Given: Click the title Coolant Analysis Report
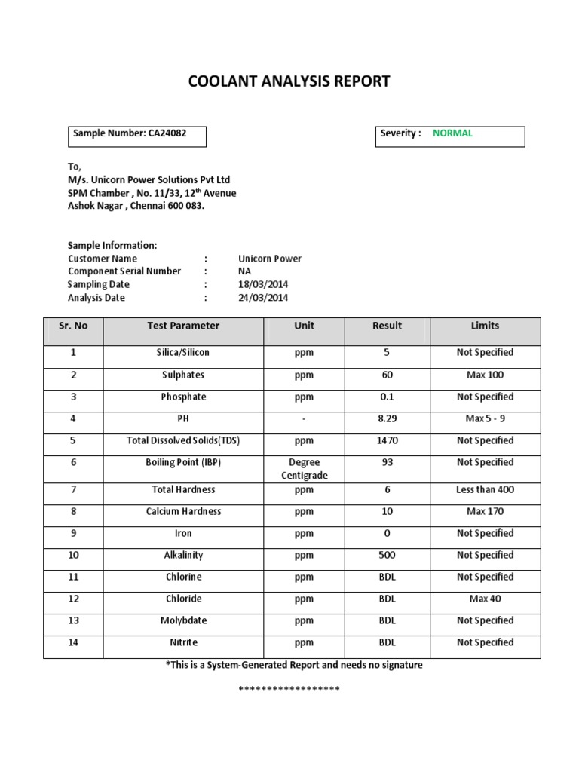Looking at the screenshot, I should pyautogui.click(x=289, y=81).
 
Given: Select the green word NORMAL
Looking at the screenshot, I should pyautogui.click(x=452, y=133).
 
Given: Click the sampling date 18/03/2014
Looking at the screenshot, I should pyautogui.click(x=263, y=285).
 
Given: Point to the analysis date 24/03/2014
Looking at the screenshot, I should pyautogui.click(x=263, y=299).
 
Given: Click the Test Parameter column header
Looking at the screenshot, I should pyautogui.click(x=183, y=326).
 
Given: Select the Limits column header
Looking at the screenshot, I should pyautogui.click(x=485, y=326).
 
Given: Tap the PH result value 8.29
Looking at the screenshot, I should pyautogui.click(x=387, y=419).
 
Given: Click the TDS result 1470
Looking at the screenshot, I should pyautogui.click(x=387, y=441).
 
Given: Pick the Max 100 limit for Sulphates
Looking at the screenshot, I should pyautogui.click(x=485, y=375).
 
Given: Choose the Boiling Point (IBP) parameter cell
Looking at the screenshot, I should pyautogui.click(x=183, y=463).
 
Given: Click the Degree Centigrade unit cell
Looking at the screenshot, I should pyautogui.click(x=304, y=469).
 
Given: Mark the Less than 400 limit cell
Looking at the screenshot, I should pyautogui.click(x=485, y=490).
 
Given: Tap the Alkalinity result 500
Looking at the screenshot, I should pyautogui.click(x=387, y=556).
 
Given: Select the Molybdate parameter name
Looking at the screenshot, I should pyautogui.click(x=183, y=621).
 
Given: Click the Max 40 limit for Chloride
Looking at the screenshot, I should pyautogui.click(x=485, y=599).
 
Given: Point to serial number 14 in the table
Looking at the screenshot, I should pyautogui.click(x=73, y=643).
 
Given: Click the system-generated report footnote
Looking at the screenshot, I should pyautogui.click(x=294, y=666).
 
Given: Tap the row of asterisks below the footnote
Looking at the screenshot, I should pyautogui.click(x=289, y=690).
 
